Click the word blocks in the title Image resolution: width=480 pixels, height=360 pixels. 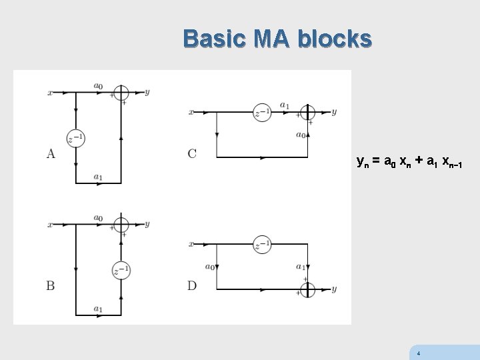pos(335,39)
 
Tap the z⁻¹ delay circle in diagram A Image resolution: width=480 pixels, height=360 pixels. pos(75,138)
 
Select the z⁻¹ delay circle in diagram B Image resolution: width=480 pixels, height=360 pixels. pos(121,271)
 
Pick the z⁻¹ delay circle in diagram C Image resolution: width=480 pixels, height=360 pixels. pos(262,112)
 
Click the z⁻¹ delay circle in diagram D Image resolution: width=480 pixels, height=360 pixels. pos(262,245)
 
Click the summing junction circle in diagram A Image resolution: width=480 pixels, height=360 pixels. pos(121,93)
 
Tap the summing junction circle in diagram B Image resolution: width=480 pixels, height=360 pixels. pos(121,225)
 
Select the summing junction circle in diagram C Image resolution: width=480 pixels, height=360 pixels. pos(307,112)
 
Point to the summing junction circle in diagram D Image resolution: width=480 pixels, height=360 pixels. pos(307,289)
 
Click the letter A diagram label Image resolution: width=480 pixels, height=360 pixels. pos(51,154)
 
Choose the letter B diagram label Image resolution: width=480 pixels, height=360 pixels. pos(51,286)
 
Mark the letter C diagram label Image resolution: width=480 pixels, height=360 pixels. pos(192,154)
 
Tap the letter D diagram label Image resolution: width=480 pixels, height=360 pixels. pos(192,286)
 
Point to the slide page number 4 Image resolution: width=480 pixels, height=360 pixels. pos(418,353)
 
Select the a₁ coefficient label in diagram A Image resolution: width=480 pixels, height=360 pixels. pos(98,177)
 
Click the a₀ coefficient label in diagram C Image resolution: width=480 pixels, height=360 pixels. pos(300,134)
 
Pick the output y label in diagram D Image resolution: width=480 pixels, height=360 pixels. pos(334,289)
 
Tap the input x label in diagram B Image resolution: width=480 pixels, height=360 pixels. pos(50,225)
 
